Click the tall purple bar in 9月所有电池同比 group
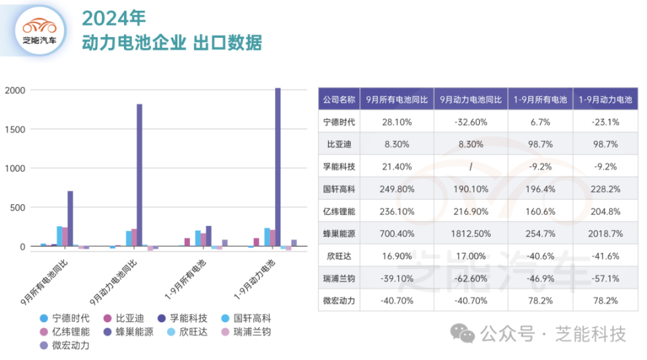(x=70, y=218)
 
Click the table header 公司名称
(x=338, y=99)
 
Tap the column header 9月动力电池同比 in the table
(x=470, y=99)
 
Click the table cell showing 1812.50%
(x=470, y=233)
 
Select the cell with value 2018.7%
(x=606, y=233)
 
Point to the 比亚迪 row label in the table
(x=338, y=144)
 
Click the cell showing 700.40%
(x=396, y=233)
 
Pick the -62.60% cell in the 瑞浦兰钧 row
(x=470, y=278)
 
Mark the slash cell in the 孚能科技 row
(x=470, y=167)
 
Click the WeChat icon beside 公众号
(x=462, y=333)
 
